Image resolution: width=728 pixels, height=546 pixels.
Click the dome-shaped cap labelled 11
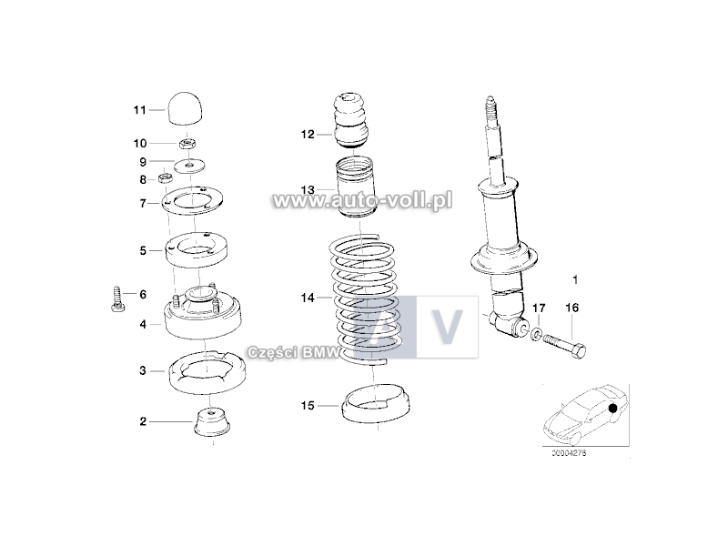(186, 108)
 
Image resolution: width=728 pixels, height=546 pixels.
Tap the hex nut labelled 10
(187, 143)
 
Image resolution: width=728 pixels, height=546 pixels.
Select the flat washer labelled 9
(190, 165)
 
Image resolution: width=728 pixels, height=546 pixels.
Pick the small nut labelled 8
(166, 177)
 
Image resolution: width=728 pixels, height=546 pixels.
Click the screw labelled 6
(117, 299)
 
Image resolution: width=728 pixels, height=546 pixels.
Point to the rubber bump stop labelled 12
(352, 121)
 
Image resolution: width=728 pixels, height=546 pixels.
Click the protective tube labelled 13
(355, 187)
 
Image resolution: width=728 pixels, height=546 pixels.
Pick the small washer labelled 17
(536, 333)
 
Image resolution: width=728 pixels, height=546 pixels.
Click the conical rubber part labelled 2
(212, 422)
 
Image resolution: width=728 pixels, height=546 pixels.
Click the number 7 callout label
(143, 203)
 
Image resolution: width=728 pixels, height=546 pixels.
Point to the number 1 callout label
(576, 280)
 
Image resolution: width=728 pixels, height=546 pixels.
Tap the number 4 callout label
(143, 324)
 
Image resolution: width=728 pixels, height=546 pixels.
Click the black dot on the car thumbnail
(612, 408)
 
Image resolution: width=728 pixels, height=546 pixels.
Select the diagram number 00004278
(569, 453)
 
